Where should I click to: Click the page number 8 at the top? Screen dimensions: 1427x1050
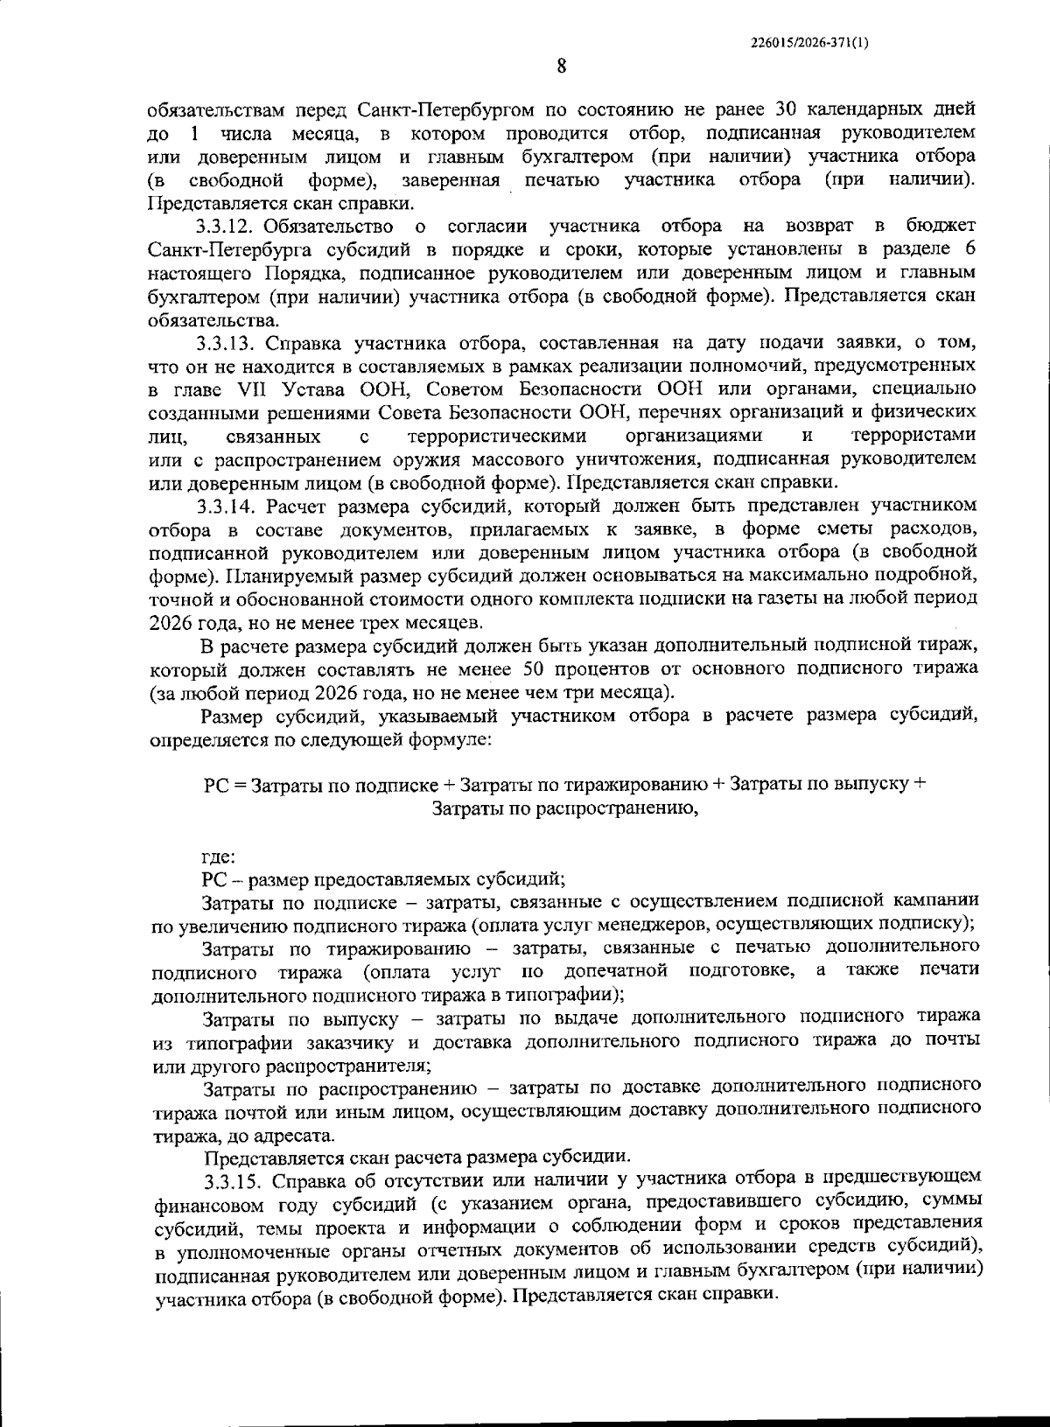[x=561, y=67]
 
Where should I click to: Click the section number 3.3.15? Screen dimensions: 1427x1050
[x=234, y=1180]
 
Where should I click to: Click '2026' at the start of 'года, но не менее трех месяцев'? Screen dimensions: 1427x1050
[x=171, y=622]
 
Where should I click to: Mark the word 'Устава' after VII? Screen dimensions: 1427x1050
[x=297, y=388]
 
